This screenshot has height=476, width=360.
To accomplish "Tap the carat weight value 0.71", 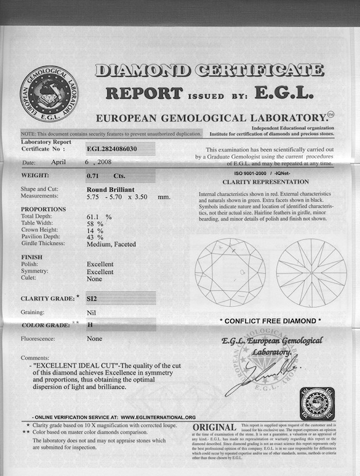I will pyautogui.click(x=92, y=175).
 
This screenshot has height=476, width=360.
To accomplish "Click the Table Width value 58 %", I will pyautogui.click(x=95, y=223).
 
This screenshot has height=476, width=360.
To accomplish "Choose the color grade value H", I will pyautogui.click(x=89, y=325).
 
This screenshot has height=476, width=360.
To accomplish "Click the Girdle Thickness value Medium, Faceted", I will pyautogui.click(x=111, y=244).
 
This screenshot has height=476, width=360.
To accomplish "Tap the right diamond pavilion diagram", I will pyautogui.click(x=311, y=272).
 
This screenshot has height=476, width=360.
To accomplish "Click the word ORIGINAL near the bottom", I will pyautogui.click(x=215, y=428).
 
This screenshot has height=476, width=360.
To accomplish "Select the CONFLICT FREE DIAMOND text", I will pyautogui.click(x=270, y=321).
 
